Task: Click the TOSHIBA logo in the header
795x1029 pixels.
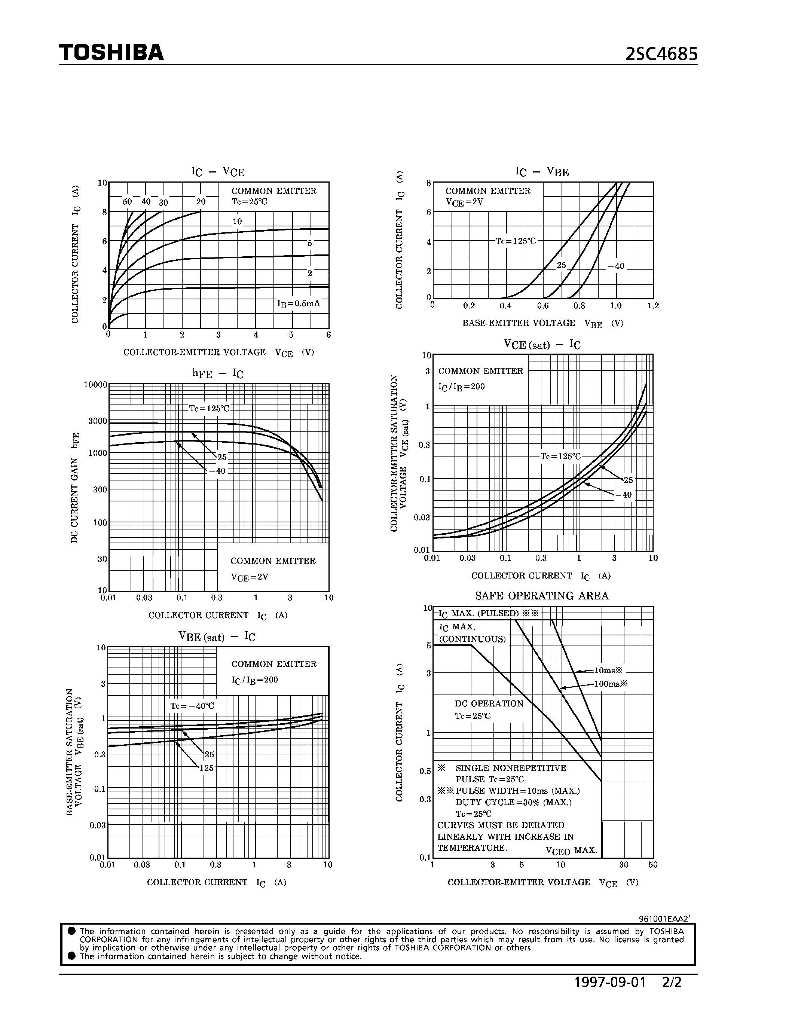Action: coord(111,52)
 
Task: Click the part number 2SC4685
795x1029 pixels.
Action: coord(661,55)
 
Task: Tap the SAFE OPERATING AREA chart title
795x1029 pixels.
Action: coord(542,596)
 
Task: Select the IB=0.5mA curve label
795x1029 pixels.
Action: coord(299,304)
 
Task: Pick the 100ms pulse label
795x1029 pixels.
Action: coord(611,684)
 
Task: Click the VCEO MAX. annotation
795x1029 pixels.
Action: coord(571,851)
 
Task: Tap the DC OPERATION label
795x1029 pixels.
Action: coord(489,704)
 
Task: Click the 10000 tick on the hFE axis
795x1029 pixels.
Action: coord(96,384)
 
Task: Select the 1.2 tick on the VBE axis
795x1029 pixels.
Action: coord(653,306)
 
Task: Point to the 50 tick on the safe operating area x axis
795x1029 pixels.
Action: coord(653,865)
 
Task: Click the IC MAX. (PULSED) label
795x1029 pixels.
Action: coord(488,613)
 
